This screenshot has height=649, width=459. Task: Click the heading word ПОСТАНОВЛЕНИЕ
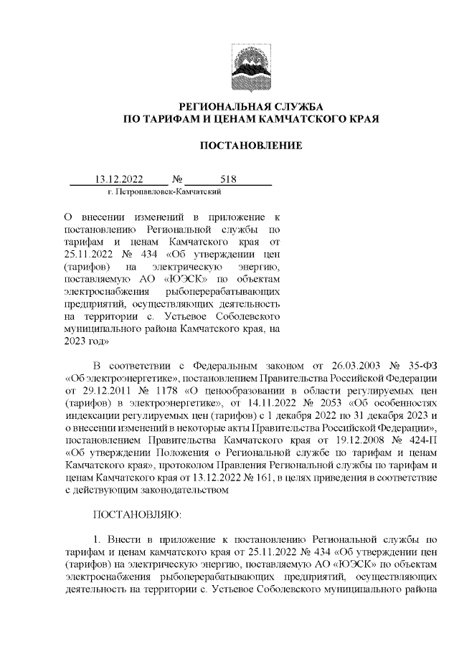[250, 146]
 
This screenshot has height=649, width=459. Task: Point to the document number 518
[229, 179]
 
